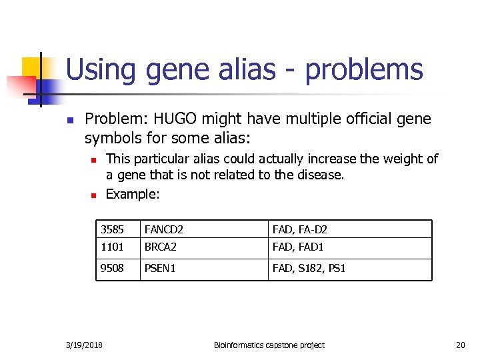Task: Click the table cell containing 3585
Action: pyautogui.click(x=117, y=229)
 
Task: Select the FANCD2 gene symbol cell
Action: pyautogui.click(x=203, y=229)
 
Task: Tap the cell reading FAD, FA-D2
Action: pyautogui.click(x=349, y=229)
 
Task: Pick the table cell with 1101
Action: pyautogui.click(x=117, y=248)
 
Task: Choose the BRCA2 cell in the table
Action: pyautogui.click(x=203, y=248)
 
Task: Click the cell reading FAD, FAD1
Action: pyautogui.click(x=349, y=248)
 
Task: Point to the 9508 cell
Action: pyautogui.click(x=117, y=269)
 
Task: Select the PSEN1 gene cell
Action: pyautogui.click(x=203, y=269)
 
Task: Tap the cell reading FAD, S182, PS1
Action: pyautogui.click(x=349, y=269)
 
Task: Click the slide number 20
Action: pyautogui.click(x=460, y=345)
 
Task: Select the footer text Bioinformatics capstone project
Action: pyautogui.click(x=269, y=345)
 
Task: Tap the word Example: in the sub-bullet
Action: pyautogui.click(x=133, y=194)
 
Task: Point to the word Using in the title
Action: pyautogui.click(x=101, y=69)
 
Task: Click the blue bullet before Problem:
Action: pyautogui.click(x=69, y=121)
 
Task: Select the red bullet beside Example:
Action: pyautogui.click(x=94, y=195)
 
